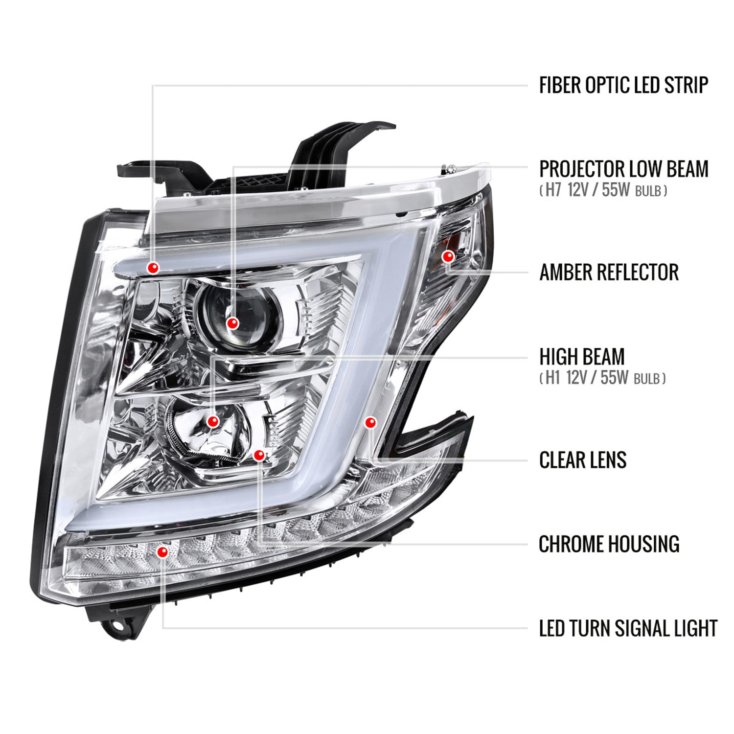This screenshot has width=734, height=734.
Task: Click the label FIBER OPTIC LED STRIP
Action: pyautogui.click(x=623, y=85)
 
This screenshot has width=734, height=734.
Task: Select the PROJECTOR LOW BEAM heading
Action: pyautogui.click(x=623, y=169)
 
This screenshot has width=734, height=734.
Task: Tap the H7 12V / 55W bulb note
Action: pyautogui.click(x=603, y=190)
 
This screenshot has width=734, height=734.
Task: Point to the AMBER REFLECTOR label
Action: pyautogui.click(x=609, y=273)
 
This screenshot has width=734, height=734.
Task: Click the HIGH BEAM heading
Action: pyautogui.click(x=581, y=357)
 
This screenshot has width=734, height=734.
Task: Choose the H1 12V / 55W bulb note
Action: pyautogui.click(x=602, y=378)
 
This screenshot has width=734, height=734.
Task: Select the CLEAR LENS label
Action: pyautogui.click(x=582, y=460)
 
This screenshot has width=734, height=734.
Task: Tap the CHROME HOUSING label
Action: pyautogui.click(x=609, y=544)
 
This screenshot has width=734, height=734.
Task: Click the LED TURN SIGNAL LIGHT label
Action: pyautogui.click(x=628, y=629)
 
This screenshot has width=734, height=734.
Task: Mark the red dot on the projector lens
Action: pyautogui.click(x=232, y=323)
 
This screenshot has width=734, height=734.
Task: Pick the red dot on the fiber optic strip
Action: pyautogui.click(x=154, y=268)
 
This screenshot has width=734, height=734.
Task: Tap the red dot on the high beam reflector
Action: pyautogui.click(x=212, y=421)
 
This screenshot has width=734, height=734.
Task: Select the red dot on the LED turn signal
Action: pyautogui.click(x=162, y=552)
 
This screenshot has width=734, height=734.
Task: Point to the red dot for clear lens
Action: pyautogui.click(x=370, y=422)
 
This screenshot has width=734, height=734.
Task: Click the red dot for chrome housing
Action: pyautogui.click(x=259, y=456)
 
